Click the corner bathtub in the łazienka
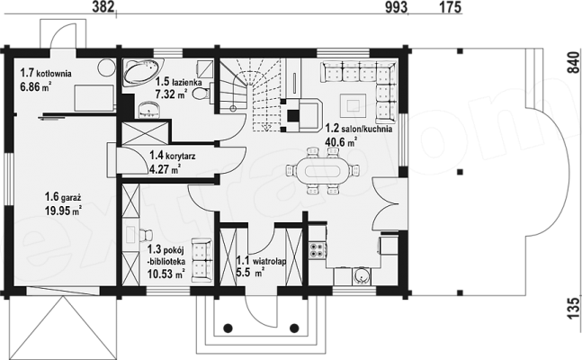coord(143,71)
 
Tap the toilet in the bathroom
coord(201,93)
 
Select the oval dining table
coord(322,170)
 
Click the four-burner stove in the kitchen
coord(318,249)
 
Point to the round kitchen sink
coord(361,275)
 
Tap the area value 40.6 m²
coord(341,141)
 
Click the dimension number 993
coord(396,7)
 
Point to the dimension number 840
coord(574,62)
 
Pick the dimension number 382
coord(103,7)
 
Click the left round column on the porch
coord(228,328)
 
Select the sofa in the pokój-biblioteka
coord(201,260)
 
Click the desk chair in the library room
coord(146,235)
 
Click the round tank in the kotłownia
coord(105,67)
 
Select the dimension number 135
coord(574,308)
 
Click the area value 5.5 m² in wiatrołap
coord(250,273)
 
